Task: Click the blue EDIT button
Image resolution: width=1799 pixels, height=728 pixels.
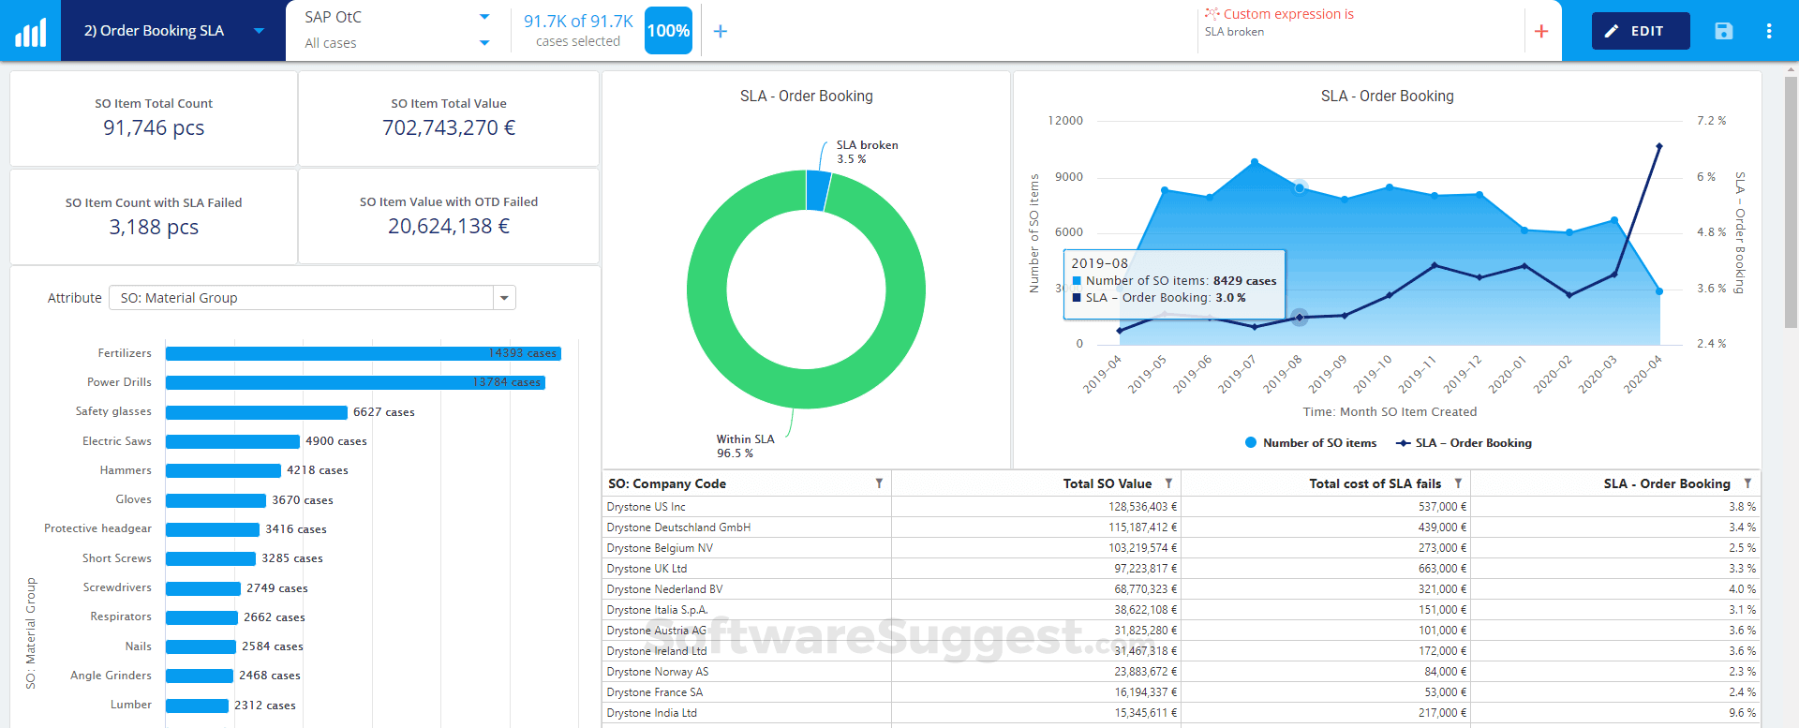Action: pyautogui.click(x=1640, y=31)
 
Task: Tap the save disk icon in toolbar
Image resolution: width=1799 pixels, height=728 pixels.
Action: pyautogui.click(x=1723, y=31)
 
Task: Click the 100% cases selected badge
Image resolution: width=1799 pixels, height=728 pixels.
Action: pyautogui.click(x=668, y=31)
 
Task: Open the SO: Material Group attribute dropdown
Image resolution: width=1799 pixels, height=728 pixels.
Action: pyautogui.click(x=504, y=298)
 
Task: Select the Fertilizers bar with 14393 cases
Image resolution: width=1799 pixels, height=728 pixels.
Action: pyautogui.click(x=363, y=353)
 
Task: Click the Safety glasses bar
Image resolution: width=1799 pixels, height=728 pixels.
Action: pyautogui.click(x=256, y=412)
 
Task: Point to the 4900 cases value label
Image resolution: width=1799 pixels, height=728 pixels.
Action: pyautogui.click(x=335, y=441)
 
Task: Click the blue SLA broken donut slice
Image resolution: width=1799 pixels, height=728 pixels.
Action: pyautogui.click(x=817, y=190)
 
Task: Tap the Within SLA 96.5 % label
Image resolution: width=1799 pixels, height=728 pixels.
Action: pyautogui.click(x=745, y=446)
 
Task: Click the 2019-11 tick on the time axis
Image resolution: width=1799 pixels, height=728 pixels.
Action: pyautogui.click(x=1417, y=375)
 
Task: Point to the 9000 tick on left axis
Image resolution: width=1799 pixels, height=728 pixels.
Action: pyautogui.click(x=1068, y=177)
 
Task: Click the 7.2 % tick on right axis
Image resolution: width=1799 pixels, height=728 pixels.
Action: pyautogui.click(x=1711, y=121)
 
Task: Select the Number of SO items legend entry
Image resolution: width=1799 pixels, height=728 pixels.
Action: pyautogui.click(x=1312, y=443)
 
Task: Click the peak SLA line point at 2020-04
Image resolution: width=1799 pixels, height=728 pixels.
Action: pyautogui.click(x=1658, y=146)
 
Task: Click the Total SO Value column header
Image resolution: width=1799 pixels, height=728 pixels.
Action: pyautogui.click(x=1107, y=483)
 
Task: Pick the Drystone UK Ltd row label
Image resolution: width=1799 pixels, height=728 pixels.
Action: pyautogui.click(x=647, y=569)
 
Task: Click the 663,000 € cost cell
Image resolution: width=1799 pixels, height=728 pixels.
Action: pyautogui.click(x=1442, y=569)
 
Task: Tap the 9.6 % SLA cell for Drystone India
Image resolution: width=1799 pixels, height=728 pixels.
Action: pyautogui.click(x=1742, y=713)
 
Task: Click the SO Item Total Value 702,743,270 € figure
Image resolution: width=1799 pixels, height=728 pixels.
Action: pyautogui.click(x=448, y=127)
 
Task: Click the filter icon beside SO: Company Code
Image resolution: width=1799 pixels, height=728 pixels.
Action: pyautogui.click(x=879, y=483)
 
